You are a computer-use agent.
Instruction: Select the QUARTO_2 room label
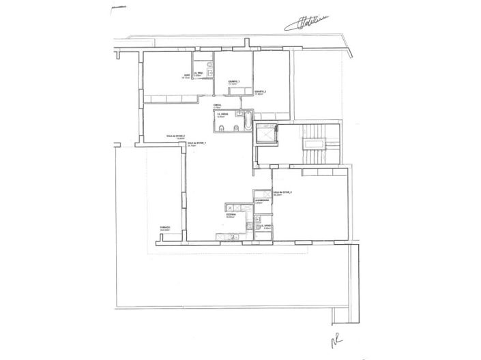(x=261, y=91)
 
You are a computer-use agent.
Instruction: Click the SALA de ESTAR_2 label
(x=176, y=136)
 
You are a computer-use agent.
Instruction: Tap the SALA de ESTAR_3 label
(x=282, y=193)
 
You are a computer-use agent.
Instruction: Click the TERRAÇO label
(x=164, y=229)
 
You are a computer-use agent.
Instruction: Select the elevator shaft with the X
(x=265, y=134)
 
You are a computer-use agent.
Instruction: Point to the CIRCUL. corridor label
(x=216, y=106)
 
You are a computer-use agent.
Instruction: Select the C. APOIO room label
(x=267, y=224)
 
